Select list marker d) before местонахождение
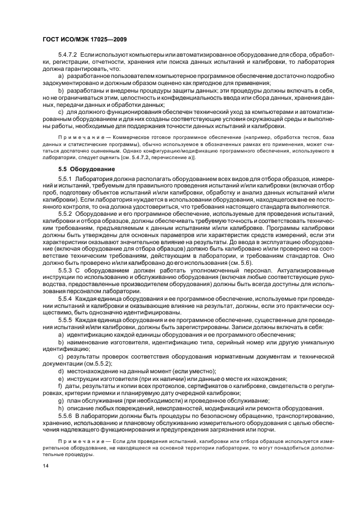tap(60, 371)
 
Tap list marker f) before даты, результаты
tap(60, 385)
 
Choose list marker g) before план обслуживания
tap(60, 400)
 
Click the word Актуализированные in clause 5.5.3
tap(285, 269)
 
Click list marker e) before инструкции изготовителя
tap(60, 378)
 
